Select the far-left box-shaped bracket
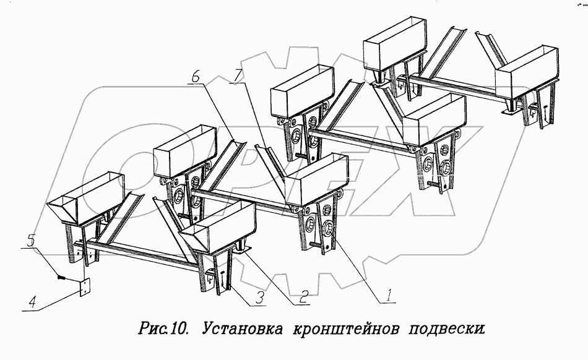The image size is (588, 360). (87, 198)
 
